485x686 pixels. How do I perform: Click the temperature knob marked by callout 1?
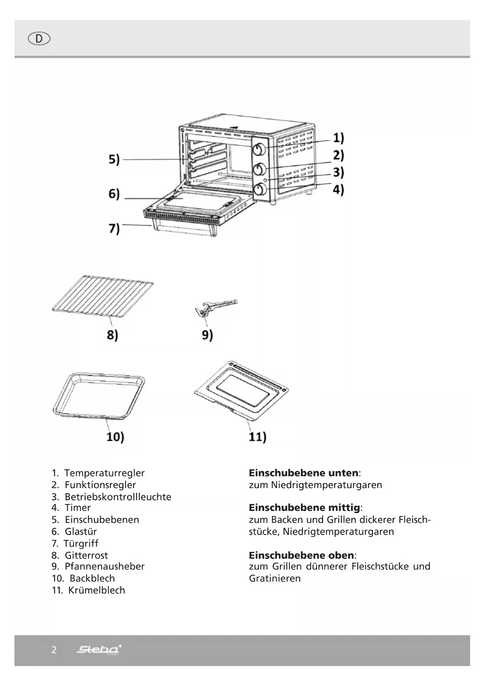(x=260, y=149)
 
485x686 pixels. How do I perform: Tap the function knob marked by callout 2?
(x=260, y=169)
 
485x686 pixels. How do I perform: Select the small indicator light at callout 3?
(x=265, y=180)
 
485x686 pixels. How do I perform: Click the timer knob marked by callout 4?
(x=260, y=190)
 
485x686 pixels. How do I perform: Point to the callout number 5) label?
(x=114, y=160)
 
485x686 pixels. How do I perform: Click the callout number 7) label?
(x=114, y=228)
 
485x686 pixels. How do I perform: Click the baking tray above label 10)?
(x=98, y=395)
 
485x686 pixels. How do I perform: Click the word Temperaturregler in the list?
(x=104, y=473)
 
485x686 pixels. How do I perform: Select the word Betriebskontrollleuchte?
(x=118, y=497)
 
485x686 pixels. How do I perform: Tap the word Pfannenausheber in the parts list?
(x=104, y=566)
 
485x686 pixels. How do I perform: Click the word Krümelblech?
(x=97, y=590)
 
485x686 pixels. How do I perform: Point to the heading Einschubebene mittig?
(x=304, y=508)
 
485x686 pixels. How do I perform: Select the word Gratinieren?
(x=275, y=578)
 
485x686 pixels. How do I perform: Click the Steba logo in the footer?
(x=99, y=650)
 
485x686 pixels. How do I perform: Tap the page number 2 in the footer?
(x=54, y=650)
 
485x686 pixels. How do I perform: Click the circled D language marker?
(x=39, y=39)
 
